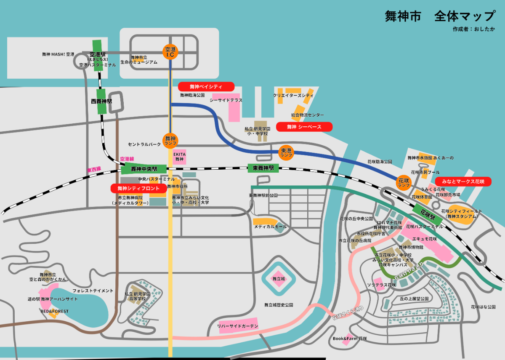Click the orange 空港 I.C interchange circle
(x=170, y=52)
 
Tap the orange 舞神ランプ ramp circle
(x=170, y=140)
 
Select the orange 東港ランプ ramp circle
(x=286, y=152)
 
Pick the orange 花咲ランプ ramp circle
(x=404, y=182)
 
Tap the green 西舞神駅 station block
(x=101, y=101)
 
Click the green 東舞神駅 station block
(x=263, y=168)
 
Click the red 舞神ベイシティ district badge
(x=206, y=86)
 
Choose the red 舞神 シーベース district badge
(x=304, y=127)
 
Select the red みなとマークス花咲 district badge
(x=463, y=181)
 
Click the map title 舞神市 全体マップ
(x=440, y=16)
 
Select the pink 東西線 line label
(x=94, y=169)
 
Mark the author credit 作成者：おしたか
(x=474, y=29)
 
